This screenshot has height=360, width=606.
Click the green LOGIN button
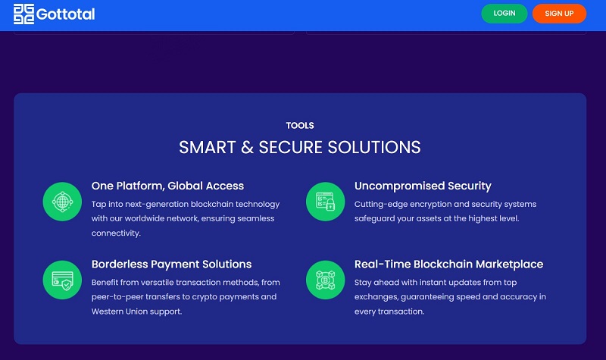504,14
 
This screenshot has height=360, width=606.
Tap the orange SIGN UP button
559,14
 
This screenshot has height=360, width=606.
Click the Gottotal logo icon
23,14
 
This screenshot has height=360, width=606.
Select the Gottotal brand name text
65,14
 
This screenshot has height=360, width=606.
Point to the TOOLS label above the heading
300,126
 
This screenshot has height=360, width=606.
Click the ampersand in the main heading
247,147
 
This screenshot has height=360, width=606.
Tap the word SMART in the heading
207,147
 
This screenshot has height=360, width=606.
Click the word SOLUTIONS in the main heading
374,147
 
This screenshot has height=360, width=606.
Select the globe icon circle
62,202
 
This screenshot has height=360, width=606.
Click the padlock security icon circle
326,202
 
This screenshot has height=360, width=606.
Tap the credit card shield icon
62,280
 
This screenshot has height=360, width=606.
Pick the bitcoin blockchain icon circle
326,280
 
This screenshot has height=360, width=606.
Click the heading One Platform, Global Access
167,186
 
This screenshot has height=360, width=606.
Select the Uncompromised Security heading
423,186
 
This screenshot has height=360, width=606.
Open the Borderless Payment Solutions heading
172,264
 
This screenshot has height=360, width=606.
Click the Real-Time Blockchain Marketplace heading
448,264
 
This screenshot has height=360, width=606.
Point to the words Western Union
115,311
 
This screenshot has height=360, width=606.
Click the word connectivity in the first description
116,233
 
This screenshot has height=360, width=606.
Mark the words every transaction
389,311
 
